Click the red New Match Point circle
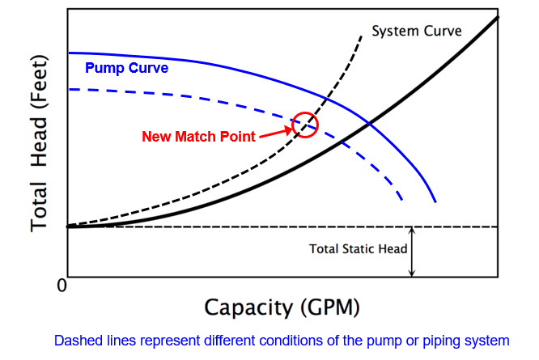[305, 125]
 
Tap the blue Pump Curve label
[126, 68]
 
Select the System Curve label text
[416, 31]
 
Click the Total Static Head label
[358, 248]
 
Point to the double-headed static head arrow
[412, 252]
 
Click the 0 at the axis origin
[61, 285]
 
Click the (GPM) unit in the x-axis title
[331, 307]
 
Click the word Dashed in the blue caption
[77, 341]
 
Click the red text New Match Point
[198, 137]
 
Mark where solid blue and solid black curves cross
[369, 123]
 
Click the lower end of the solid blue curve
[436, 201]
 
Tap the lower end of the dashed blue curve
[403, 200]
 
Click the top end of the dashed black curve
[360, 33]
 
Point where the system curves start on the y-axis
[67, 227]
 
